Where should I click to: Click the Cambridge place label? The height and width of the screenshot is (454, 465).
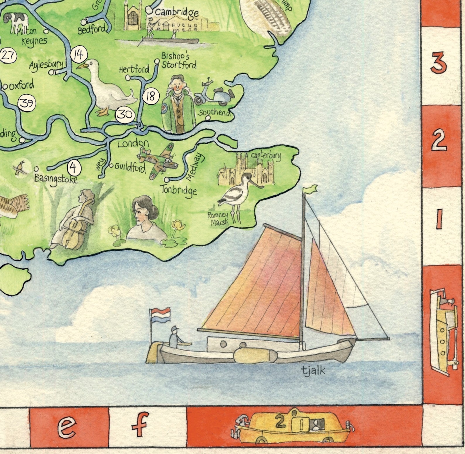[x=177, y=12]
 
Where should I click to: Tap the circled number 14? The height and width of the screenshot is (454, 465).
[x=78, y=54]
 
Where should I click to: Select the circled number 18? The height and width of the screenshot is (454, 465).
[x=151, y=96]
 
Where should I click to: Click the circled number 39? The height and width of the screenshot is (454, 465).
[x=27, y=103]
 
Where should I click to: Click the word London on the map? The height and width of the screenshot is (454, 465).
[x=134, y=143]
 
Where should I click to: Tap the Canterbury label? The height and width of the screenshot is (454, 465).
[x=266, y=155]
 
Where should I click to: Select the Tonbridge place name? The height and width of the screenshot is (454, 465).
[x=179, y=190]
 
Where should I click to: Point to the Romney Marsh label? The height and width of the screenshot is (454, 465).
[x=218, y=219]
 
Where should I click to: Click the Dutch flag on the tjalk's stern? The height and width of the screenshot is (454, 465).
[x=160, y=315]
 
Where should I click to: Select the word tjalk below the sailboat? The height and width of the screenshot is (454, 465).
[x=313, y=370]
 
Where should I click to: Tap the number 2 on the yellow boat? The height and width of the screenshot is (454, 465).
[x=280, y=422]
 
